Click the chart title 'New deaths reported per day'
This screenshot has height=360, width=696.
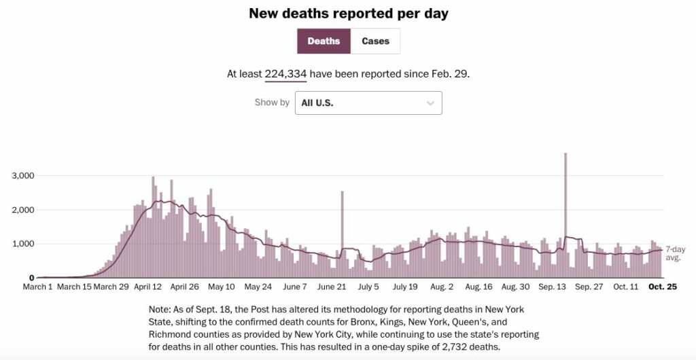(x=348, y=14)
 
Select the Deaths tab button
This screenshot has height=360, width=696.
(x=324, y=41)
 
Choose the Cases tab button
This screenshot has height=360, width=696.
(x=375, y=41)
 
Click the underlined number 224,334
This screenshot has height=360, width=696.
(x=285, y=74)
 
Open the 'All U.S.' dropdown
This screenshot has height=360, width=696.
(x=368, y=103)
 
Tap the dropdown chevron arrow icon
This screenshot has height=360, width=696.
(x=430, y=103)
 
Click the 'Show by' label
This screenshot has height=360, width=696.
(x=272, y=103)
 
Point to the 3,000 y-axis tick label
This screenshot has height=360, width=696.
(x=22, y=176)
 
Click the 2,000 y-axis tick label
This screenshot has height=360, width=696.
(x=22, y=210)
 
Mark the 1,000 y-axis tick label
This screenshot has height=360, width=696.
(x=22, y=244)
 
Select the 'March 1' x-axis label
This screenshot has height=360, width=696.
(x=38, y=287)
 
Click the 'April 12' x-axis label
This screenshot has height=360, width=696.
(x=147, y=287)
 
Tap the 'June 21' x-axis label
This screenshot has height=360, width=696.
(x=332, y=287)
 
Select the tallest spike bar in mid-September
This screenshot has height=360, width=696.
(x=565, y=204)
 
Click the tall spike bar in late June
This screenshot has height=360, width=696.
(x=342, y=231)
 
